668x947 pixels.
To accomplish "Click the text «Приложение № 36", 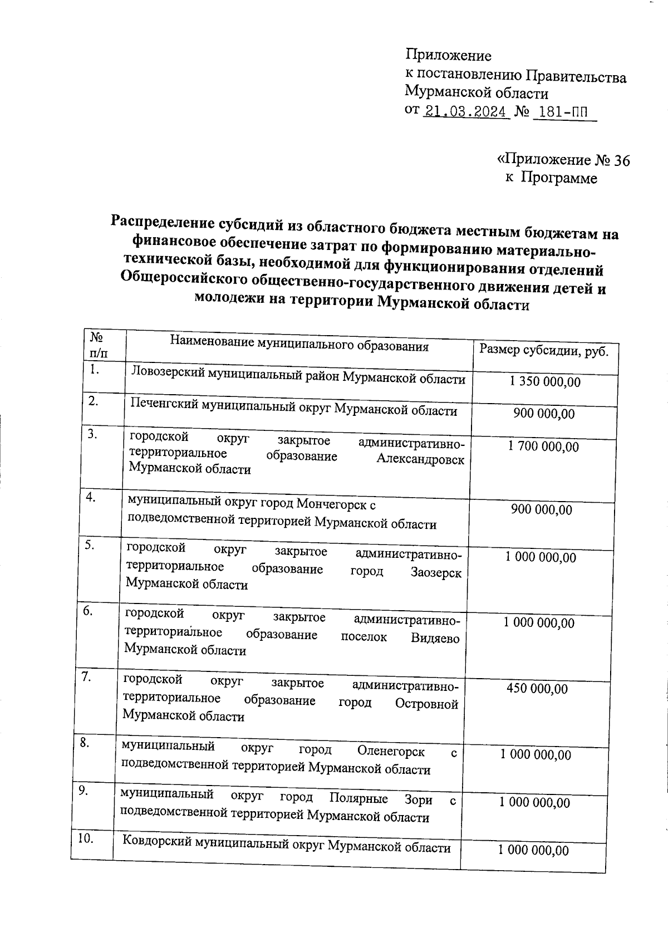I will (563, 160).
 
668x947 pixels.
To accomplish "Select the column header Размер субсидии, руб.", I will (544, 351).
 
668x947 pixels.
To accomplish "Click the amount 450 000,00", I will (537, 689).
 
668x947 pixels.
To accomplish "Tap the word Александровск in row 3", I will (420, 460).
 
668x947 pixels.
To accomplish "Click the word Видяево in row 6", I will (435, 639).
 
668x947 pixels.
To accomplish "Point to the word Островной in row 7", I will (427, 704).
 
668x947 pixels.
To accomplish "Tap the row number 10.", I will (85, 839).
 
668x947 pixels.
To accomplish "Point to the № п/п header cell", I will (99, 345).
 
